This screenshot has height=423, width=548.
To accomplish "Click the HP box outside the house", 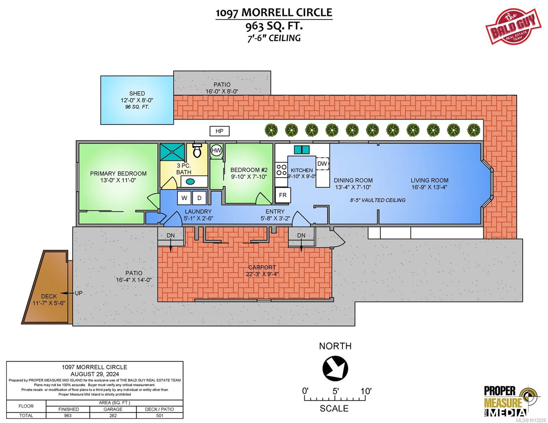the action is point(219,131).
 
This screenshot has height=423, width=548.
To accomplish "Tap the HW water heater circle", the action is point(216,151).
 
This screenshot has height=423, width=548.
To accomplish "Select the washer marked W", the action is point(184,198).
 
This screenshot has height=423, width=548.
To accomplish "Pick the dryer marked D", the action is point(199,198).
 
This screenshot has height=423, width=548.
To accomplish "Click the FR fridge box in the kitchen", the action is point(283,195).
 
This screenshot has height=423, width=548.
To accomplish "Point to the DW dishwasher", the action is point(322,164).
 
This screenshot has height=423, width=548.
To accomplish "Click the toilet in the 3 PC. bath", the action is point(197,150).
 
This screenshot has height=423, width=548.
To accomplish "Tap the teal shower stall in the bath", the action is point(172,152).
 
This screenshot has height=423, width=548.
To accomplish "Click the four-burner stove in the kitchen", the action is point(282,170).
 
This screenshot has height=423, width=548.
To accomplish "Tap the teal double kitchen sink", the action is point(302,150).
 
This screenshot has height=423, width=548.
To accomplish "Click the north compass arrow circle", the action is point(335,368).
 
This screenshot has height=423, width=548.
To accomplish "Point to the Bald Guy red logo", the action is point(513,26).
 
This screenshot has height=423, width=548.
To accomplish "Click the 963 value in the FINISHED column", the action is point(68,416).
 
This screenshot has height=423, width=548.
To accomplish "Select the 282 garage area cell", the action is point(113,416).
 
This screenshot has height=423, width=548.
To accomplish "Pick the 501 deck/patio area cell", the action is point(159,416).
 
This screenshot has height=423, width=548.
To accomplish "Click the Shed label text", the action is point(137,93).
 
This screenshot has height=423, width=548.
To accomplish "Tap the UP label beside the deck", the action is point(79,293).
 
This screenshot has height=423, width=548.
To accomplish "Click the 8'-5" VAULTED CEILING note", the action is point(378,200).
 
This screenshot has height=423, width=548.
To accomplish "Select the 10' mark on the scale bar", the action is point(366,391).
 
